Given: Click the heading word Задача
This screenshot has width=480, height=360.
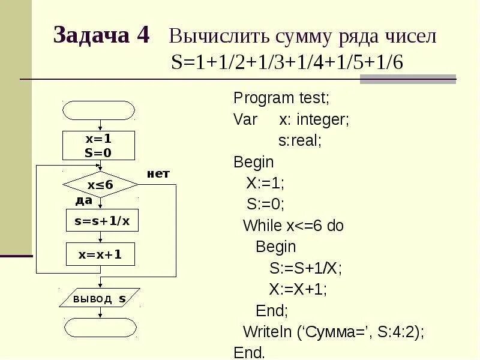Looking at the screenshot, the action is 91,36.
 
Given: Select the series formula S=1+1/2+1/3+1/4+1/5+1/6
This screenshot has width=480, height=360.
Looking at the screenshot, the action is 287,64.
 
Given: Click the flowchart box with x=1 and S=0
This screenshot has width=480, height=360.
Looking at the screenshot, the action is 98,145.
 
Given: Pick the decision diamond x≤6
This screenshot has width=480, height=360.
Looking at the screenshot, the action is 100,185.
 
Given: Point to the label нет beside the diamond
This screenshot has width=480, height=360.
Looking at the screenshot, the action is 158,173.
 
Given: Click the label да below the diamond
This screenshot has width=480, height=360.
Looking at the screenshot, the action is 84,200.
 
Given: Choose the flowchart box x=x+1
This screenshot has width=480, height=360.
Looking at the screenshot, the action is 100,254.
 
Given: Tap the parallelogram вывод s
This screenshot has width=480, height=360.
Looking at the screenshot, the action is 100,298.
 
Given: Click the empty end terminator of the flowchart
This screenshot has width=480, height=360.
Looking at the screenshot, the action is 99,328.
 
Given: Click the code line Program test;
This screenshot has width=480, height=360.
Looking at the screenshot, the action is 281,98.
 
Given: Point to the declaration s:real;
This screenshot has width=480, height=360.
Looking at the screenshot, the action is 300,140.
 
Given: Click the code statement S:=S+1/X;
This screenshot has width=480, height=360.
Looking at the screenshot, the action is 305,268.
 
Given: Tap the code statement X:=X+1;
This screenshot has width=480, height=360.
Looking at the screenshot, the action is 298,289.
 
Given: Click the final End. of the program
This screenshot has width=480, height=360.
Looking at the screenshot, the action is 249,352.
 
